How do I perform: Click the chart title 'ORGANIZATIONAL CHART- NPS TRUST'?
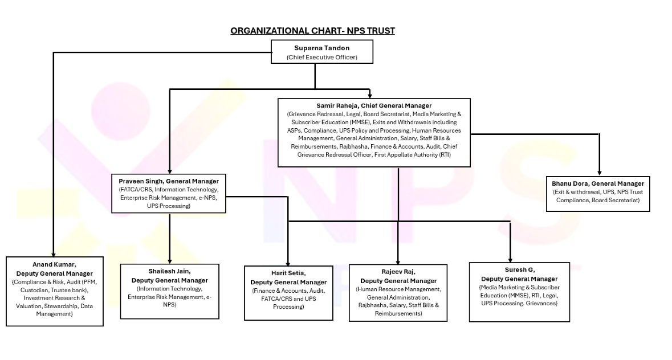point(313,30)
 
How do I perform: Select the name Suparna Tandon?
point(313,48)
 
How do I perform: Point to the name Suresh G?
point(519,269)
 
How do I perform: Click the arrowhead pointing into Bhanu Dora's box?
point(599,173)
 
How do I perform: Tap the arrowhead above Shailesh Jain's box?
point(170,260)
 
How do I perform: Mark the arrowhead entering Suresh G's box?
point(510,258)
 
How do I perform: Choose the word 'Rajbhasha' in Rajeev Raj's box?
point(374,305)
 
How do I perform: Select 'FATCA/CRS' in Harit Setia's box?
point(276,298)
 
